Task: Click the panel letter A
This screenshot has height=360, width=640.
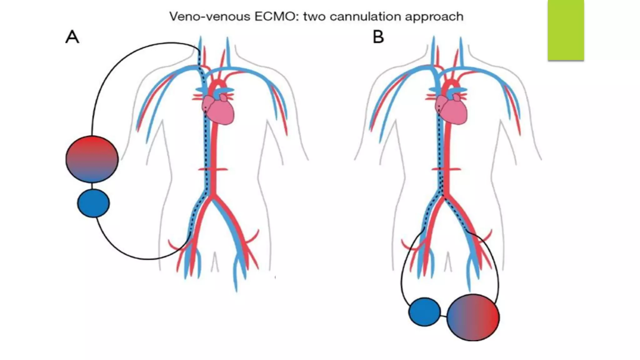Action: (72, 37)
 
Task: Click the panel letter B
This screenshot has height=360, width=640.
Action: (378, 37)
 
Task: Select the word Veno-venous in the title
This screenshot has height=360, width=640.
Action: (210, 16)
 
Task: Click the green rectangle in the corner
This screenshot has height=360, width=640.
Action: (566, 30)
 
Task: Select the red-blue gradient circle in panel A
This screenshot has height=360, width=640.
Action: (92, 159)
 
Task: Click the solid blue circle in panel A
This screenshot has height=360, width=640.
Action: (93, 203)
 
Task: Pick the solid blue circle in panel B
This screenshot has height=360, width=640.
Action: (424, 312)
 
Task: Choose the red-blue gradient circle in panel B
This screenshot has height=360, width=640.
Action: (473, 317)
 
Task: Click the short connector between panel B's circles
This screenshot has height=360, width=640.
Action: (443, 316)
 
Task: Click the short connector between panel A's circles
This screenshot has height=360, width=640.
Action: (92, 186)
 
